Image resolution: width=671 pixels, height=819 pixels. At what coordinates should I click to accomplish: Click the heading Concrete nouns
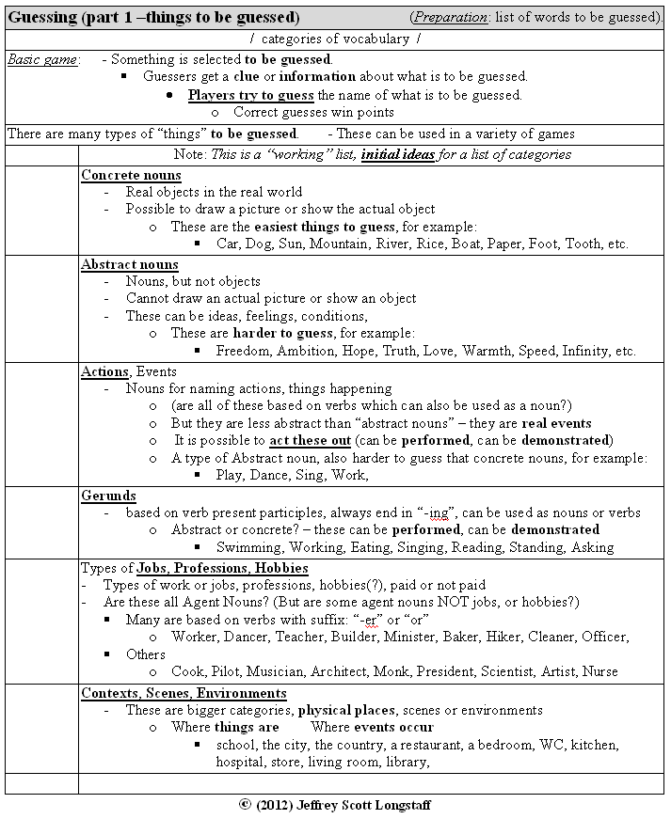click(x=131, y=176)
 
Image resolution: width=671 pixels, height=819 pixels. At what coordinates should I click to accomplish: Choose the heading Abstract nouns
click(x=130, y=265)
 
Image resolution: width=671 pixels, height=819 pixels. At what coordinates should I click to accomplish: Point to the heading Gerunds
click(x=108, y=496)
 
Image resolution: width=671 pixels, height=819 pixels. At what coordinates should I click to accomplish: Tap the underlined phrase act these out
click(x=310, y=440)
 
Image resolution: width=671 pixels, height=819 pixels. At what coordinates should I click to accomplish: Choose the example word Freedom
click(x=247, y=351)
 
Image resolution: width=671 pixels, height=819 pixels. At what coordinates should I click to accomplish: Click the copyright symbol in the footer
click(x=246, y=806)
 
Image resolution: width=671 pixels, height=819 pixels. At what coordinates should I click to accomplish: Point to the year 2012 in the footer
click(x=280, y=806)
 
